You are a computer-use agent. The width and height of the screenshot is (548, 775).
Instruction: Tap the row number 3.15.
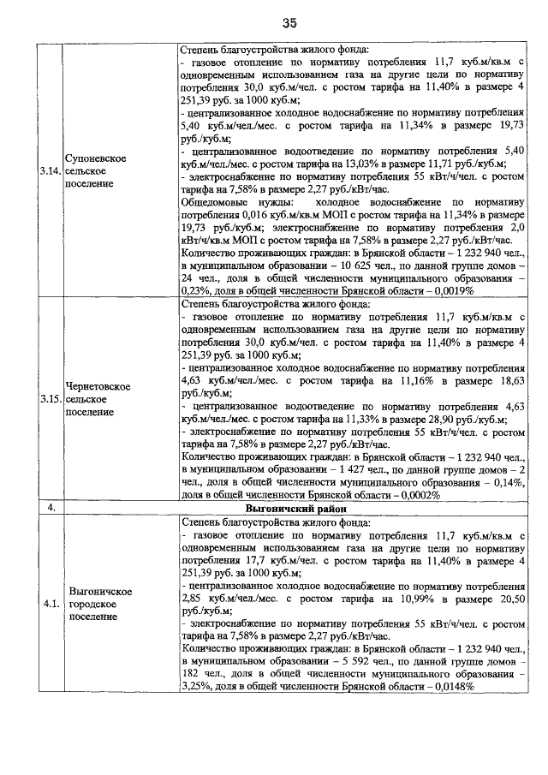[51, 398]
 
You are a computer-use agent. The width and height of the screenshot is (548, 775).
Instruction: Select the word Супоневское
[96, 158]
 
